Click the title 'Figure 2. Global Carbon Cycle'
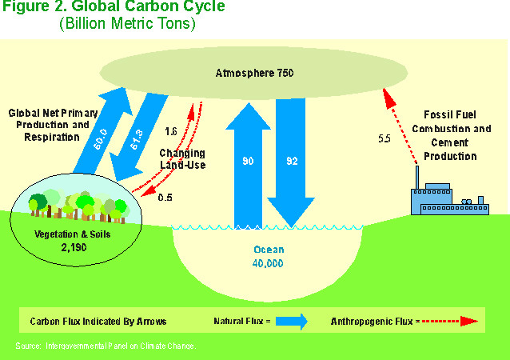coord(112,9)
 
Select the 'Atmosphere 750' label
coord(255,74)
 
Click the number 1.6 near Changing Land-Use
coord(170,131)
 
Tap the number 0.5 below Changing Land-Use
coord(165,197)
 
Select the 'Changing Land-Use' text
coord(181,158)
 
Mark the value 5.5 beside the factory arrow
coord(384,139)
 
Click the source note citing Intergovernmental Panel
coord(105,346)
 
